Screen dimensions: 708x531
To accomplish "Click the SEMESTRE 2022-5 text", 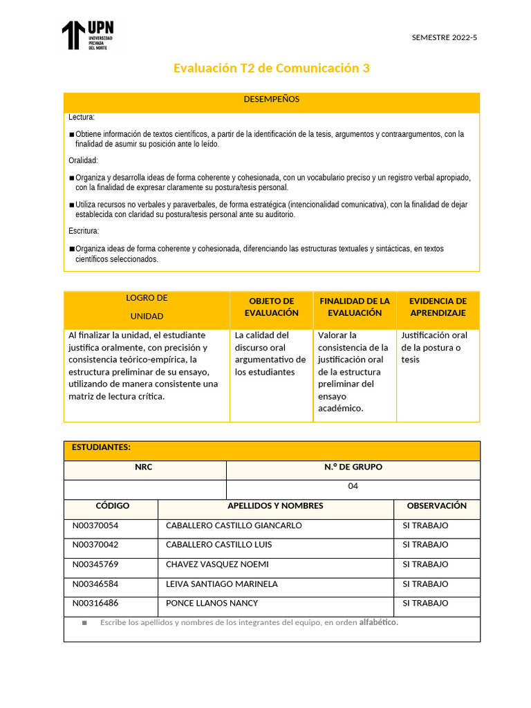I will (x=444, y=37).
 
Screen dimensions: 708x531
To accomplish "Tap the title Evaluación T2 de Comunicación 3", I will (x=271, y=68).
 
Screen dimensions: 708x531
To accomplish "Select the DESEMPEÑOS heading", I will (x=271, y=100).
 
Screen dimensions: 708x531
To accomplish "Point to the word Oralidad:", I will (x=84, y=160).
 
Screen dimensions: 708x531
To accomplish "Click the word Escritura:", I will (x=84, y=231).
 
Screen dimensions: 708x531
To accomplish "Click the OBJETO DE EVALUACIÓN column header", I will (x=271, y=307).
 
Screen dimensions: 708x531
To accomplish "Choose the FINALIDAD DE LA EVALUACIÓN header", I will (x=355, y=307).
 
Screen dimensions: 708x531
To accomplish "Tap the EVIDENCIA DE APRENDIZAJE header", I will (x=438, y=307).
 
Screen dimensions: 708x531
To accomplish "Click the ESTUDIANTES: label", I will (x=101, y=447).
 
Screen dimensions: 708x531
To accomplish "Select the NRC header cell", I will (x=144, y=467).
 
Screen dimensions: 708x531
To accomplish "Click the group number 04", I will (x=353, y=486).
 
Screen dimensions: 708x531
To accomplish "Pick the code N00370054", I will (x=95, y=525).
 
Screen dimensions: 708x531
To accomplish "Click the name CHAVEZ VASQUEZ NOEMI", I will (x=217, y=564).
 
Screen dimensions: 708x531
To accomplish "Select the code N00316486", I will (x=95, y=603).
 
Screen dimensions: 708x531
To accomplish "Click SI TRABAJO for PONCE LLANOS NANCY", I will (x=425, y=603).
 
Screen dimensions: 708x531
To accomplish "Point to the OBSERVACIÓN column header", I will (x=436, y=505).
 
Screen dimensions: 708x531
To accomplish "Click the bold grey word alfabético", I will (x=378, y=622).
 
